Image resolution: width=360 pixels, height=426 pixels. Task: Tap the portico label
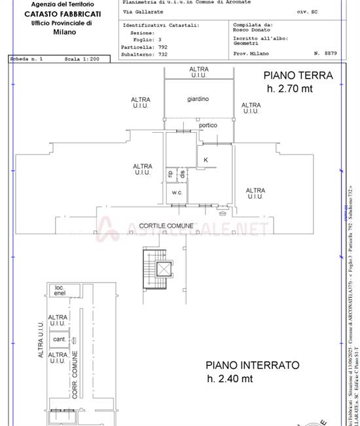208,125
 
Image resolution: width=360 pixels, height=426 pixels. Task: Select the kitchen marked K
206,160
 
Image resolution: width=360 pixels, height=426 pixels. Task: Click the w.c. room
177,192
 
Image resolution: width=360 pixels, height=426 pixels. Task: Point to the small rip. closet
171,174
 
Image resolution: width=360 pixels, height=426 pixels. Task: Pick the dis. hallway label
183,174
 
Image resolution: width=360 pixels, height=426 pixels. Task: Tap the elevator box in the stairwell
162,268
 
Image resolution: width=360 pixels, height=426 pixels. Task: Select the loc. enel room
60,291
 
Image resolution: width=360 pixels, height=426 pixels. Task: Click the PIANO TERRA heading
298,75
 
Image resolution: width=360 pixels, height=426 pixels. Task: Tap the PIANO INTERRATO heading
252,365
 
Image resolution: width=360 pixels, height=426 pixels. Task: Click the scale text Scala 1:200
82,59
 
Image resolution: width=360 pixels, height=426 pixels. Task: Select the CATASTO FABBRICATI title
62,13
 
